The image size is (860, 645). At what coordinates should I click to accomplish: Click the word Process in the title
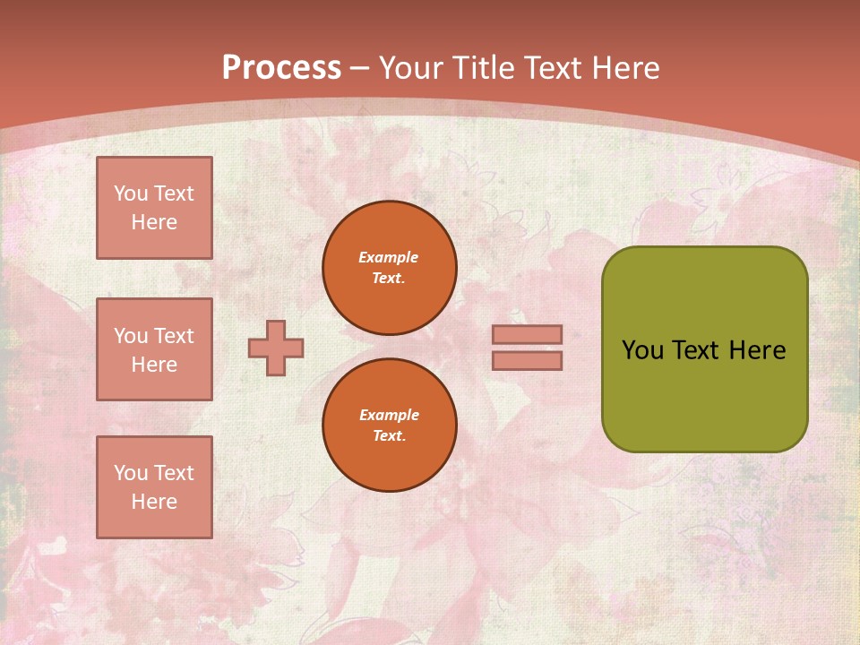pos(281,68)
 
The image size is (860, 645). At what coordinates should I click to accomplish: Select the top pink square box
pos(154,208)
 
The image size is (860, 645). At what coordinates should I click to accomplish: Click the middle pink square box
pos(154,349)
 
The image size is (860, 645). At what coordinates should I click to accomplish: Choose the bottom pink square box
pos(154,487)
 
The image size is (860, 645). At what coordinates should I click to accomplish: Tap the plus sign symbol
pos(276,348)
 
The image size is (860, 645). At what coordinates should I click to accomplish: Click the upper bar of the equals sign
pos(527,334)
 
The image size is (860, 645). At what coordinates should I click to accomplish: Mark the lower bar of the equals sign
pos(527,361)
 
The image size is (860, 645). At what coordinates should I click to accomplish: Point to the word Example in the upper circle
pos(389,257)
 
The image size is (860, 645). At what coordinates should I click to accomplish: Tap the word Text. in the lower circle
pos(389,436)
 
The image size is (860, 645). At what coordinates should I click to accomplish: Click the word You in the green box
pos(642,350)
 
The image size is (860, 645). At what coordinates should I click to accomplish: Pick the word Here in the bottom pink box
pos(154,502)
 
